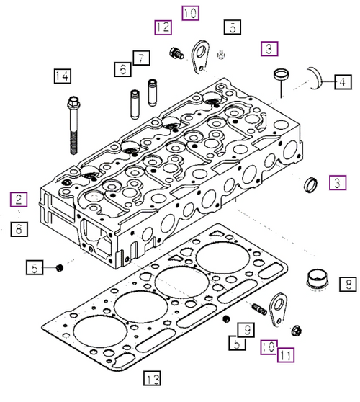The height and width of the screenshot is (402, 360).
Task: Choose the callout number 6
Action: (x=122, y=69)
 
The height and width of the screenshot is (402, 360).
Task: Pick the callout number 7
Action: (x=140, y=56)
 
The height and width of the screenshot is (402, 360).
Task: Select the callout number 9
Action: (x=245, y=331)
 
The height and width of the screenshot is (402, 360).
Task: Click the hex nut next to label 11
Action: (x=296, y=331)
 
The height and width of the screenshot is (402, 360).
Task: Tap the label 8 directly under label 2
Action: (x=19, y=229)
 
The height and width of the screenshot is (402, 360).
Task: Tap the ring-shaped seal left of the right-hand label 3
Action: (x=312, y=184)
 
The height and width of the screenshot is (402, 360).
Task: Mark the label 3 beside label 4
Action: (x=269, y=49)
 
